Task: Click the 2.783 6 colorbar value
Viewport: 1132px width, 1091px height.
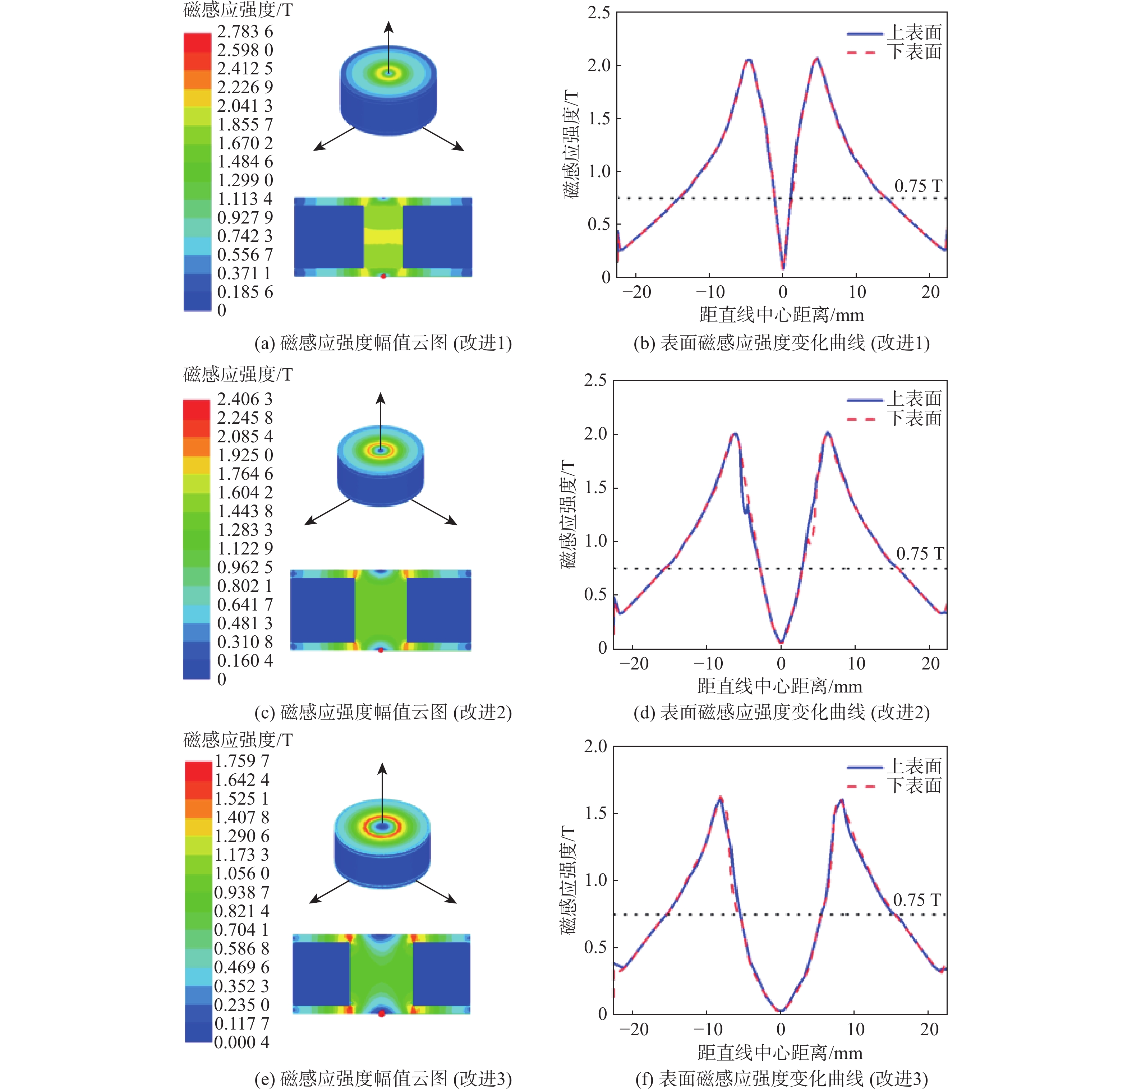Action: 244,31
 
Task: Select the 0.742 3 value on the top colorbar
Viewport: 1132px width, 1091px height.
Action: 244,236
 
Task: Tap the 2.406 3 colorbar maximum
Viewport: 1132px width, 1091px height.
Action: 244,399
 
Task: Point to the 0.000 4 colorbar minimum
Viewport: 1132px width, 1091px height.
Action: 241,1042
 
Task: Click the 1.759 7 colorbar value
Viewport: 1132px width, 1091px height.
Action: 241,761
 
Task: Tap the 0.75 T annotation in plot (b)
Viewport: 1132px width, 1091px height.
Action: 918,186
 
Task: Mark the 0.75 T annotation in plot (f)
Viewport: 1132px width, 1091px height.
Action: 917,900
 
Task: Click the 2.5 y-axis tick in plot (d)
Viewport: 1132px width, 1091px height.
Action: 595,381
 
